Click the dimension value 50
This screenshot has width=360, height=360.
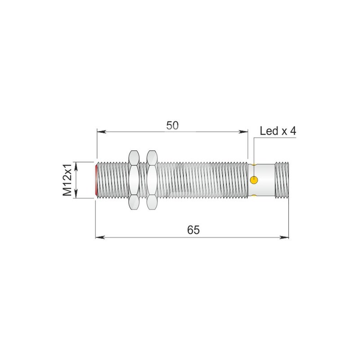172,126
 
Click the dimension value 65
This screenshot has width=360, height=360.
193,230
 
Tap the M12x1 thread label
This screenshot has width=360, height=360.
67,180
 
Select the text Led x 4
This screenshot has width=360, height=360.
278,131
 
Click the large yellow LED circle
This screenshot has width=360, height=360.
254,180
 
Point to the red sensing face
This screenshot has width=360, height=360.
96,180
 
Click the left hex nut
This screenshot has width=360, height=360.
134,180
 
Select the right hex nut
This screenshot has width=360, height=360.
152,180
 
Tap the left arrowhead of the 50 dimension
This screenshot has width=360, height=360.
101,132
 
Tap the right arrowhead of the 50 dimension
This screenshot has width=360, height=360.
243,132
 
